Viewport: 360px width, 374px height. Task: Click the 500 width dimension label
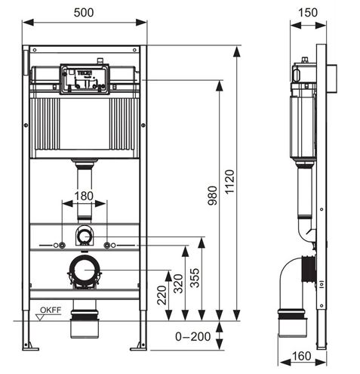[84, 12]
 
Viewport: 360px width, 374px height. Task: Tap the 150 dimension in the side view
[308, 12]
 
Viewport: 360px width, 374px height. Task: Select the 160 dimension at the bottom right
[301, 356]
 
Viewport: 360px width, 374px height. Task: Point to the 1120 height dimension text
[229, 182]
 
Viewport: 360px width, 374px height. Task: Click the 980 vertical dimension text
[213, 196]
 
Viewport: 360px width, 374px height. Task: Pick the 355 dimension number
[195, 278]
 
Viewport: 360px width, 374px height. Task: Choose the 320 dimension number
[178, 283]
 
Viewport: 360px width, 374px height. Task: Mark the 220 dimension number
[162, 295]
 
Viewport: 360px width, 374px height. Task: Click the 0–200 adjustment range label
[193, 336]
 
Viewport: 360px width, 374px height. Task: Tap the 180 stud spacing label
[84, 196]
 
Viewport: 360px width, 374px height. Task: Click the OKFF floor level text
[51, 310]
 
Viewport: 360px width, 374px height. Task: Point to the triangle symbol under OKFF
[40, 317]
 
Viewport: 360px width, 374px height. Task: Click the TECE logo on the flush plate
[85, 73]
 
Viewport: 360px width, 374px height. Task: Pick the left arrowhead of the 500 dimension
[28, 22]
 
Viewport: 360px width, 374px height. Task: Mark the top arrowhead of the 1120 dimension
[236, 52]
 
